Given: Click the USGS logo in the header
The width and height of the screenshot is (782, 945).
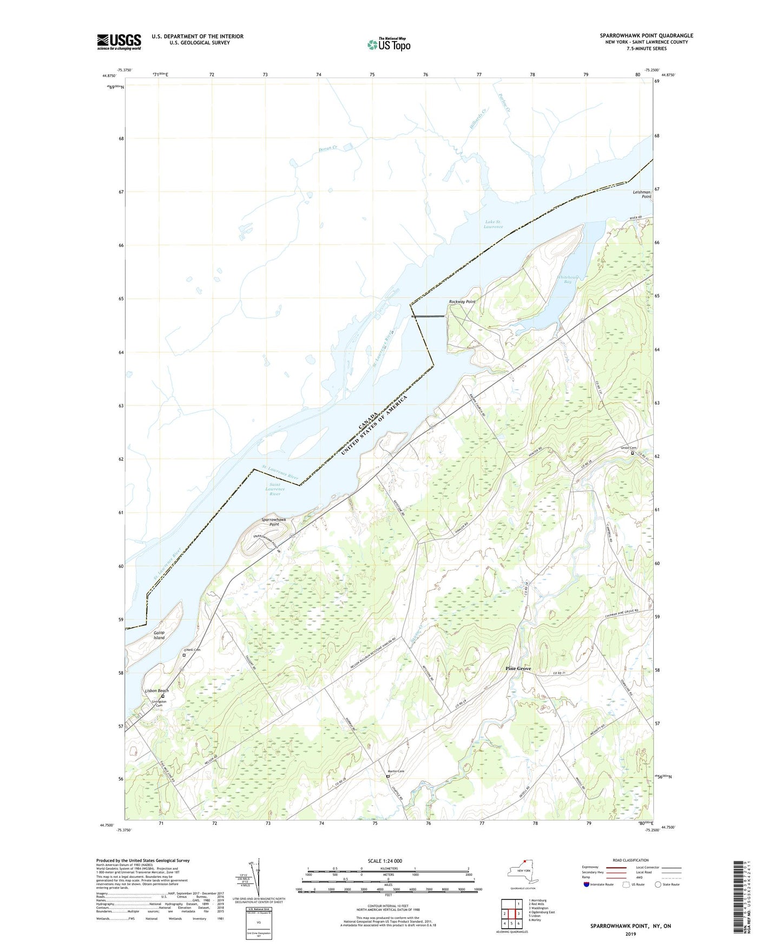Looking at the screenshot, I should coord(119,42).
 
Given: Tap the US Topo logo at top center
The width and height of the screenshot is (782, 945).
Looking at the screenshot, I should coord(388,44).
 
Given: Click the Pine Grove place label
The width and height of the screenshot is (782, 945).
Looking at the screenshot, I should coord(518,668).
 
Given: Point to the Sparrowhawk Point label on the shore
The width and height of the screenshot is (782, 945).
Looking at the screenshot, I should coord(274,522).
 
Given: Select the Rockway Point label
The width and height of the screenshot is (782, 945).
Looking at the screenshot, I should coord(462,301).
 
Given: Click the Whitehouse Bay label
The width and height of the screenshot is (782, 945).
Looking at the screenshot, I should coord(568,279).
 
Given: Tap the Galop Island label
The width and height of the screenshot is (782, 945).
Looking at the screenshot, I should coord(159,635).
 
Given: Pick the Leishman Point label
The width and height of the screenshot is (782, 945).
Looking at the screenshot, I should coord(642,194).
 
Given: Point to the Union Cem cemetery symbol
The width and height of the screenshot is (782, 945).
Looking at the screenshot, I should coord(632,454).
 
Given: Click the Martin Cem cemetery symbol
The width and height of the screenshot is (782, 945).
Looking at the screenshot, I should coord(387,776).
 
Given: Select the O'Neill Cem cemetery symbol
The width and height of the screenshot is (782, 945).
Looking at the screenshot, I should coord(184,655).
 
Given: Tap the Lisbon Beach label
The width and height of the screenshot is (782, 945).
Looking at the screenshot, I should coord(156,691).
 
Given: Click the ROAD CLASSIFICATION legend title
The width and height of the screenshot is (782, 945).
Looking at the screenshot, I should coord(630,860).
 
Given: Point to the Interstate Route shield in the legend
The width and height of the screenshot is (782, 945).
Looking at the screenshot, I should coord(587,885).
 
